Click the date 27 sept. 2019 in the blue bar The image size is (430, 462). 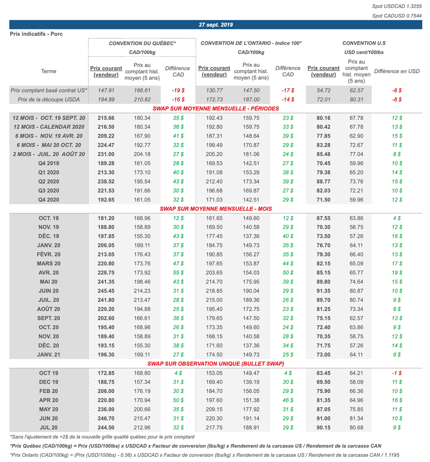tap(216, 25)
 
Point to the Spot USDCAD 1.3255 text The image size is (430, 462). tap(397, 6)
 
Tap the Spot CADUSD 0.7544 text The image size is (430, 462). tap(397, 16)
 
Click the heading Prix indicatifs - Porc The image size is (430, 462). tap(36, 34)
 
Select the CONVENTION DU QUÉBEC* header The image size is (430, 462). tap(142, 43)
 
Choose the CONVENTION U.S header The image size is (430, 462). tap(364, 43)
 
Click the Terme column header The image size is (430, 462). tap(49, 71)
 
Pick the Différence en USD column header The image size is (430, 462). tap(396, 71)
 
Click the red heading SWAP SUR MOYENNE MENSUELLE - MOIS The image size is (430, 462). tap(216, 209)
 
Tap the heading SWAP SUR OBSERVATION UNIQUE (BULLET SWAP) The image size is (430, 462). tap(216, 364)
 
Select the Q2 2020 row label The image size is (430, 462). tap(49, 181)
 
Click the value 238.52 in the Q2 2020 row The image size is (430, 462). tap(106, 181)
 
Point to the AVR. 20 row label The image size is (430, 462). tap(49, 273)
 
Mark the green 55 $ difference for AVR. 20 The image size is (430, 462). tap(178, 273)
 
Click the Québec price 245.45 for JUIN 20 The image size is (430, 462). tap(106, 291)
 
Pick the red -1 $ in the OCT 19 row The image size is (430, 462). tap(396, 373)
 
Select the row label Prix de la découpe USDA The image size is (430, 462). tap(49, 100)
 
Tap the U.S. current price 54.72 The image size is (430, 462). tap(323, 90)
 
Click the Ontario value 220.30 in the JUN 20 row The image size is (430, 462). tap(214, 418)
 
